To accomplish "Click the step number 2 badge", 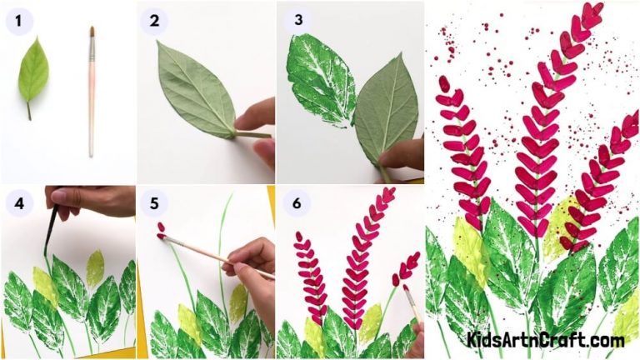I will (152, 20).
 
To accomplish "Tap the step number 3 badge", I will (293, 20).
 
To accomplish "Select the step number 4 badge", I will (17, 203).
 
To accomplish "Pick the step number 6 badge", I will (293, 203).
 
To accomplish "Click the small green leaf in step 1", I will (32, 71).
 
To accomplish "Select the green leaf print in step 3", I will (321, 83).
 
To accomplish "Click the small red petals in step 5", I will (161, 230).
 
